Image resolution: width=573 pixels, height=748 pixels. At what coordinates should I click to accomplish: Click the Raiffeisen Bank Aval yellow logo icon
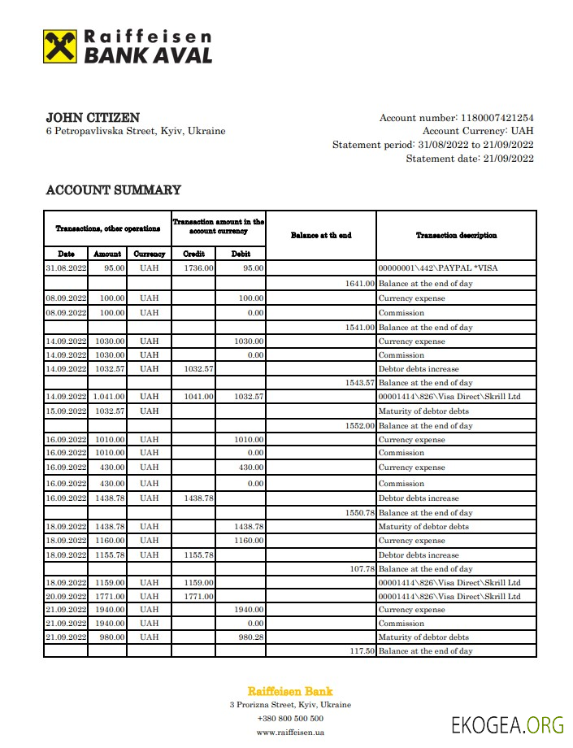(60, 46)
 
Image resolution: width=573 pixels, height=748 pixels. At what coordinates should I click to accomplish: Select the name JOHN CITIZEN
(93, 118)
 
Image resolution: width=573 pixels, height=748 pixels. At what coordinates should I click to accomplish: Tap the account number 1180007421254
(497, 118)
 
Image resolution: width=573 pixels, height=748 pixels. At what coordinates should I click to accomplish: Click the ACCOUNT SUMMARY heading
(113, 190)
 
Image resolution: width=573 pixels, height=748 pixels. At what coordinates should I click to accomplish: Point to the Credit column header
(193, 254)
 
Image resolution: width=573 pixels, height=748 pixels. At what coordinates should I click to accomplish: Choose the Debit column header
(241, 254)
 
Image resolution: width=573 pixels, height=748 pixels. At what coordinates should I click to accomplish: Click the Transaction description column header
(456, 235)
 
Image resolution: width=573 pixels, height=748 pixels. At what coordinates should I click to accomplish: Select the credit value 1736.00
(198, 267)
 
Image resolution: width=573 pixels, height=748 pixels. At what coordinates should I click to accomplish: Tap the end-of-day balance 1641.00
(359, 284)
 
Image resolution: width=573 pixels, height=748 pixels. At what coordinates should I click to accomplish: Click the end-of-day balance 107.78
(362, 569)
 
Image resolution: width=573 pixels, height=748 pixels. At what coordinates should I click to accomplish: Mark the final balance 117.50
(362, 651)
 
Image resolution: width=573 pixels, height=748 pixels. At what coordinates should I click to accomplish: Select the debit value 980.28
(248, 637)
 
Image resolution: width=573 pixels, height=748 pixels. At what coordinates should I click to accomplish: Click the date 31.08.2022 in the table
(66, 267)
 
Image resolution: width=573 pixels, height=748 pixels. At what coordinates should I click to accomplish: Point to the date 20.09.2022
(66, 596)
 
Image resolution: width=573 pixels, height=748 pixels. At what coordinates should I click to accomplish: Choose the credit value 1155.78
(198, 554)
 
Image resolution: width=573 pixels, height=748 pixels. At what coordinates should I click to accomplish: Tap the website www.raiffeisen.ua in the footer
(290, 732)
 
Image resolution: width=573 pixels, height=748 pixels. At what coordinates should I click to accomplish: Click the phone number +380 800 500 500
(290, 718)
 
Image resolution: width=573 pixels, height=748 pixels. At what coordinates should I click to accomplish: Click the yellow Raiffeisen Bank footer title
(290, 691)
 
